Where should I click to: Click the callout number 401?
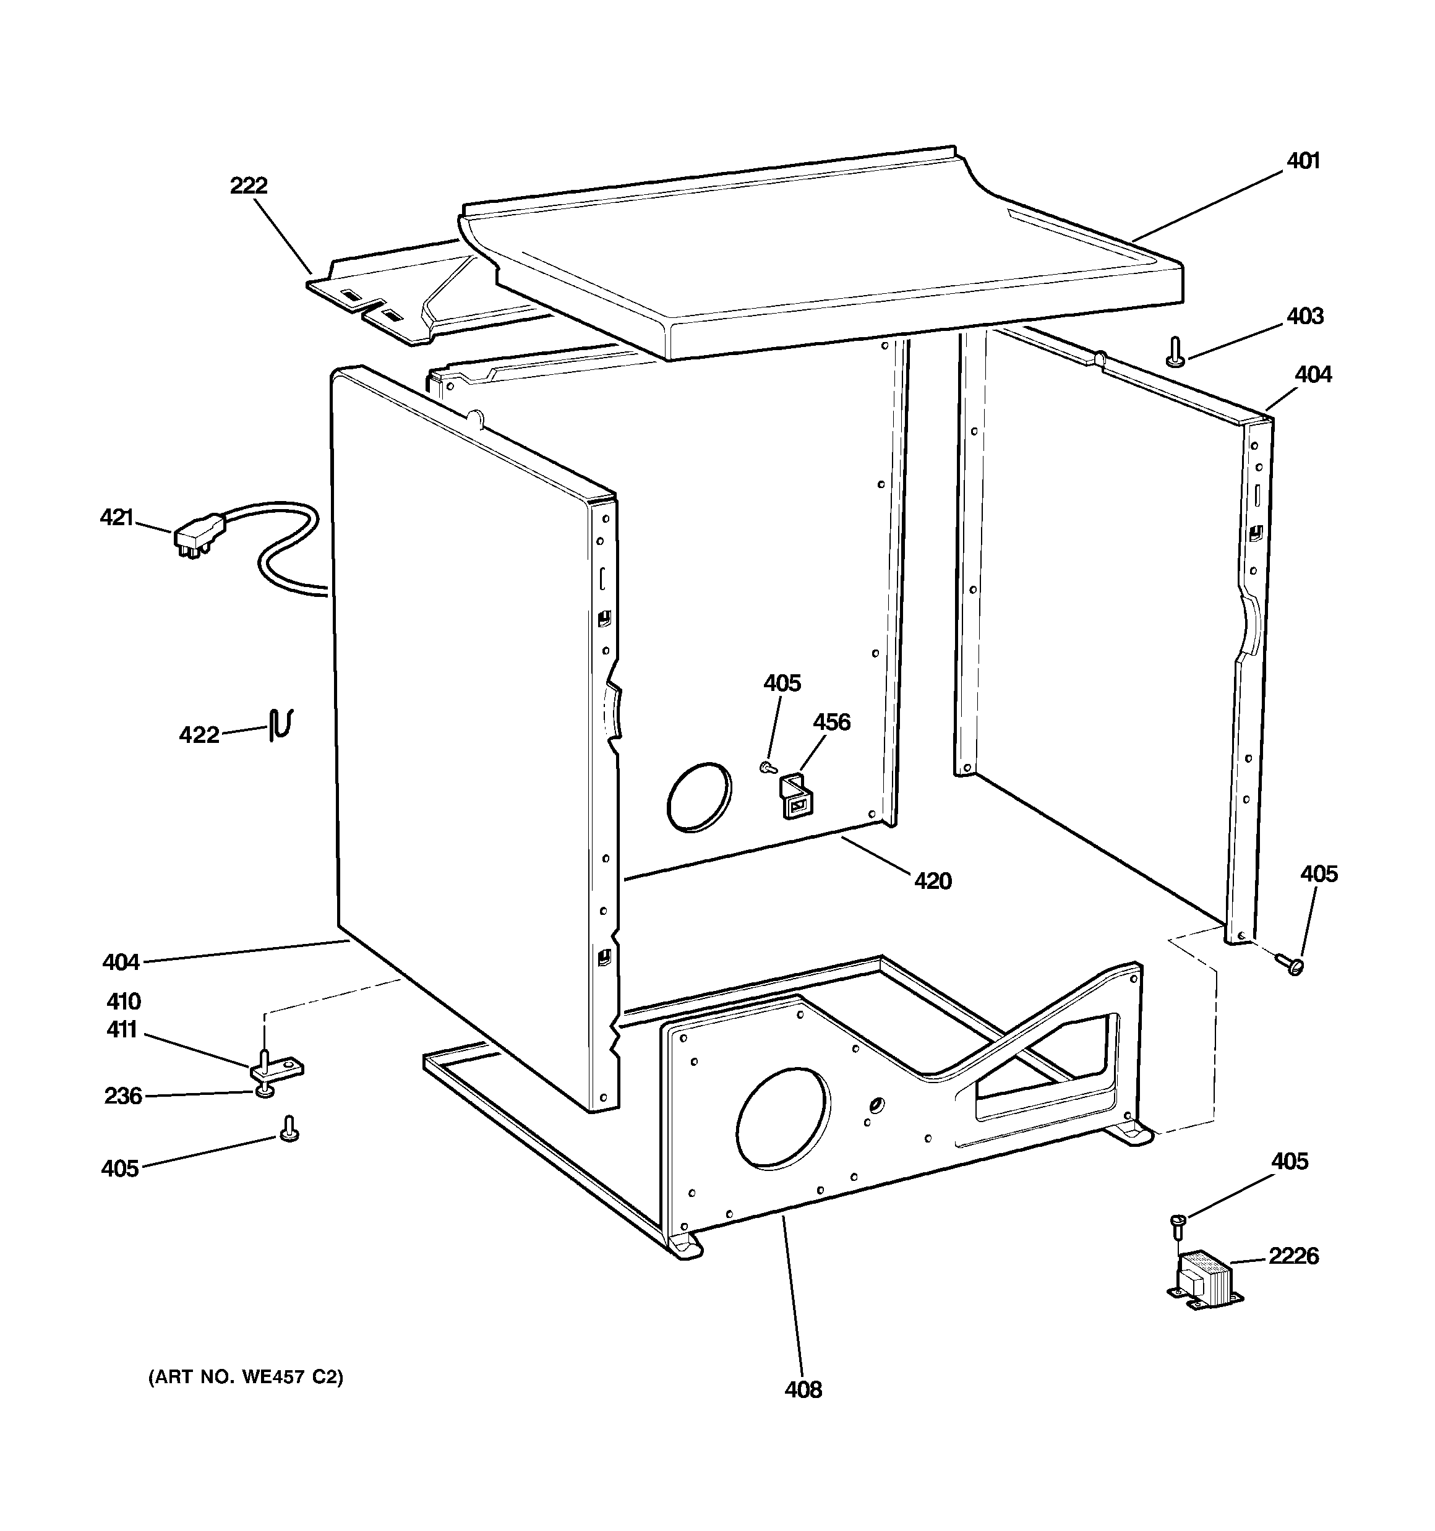click(1303, 161)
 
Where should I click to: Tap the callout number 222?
click(249, 186)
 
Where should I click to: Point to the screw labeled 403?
click(1175, 351)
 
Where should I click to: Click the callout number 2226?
click(1293, 1256)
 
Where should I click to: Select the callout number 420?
click(933, 880)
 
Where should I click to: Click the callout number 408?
click(803, 1389)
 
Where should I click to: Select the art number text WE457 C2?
click(246, 1376)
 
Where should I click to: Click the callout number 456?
click(832, 722)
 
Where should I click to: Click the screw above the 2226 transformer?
click(1178, 1224)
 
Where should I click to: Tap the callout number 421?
click(117, 518)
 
